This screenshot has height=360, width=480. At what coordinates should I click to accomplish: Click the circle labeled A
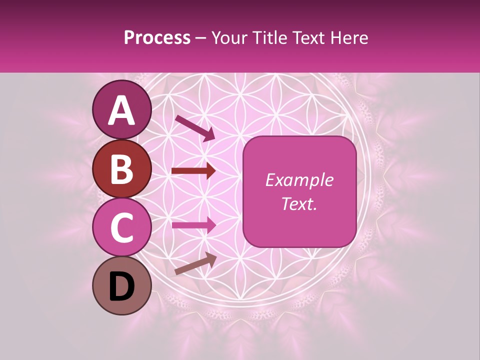coord(122,109)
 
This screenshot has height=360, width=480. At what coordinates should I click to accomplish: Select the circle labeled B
coord(122,169)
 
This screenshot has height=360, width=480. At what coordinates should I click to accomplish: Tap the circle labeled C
coord(122,227)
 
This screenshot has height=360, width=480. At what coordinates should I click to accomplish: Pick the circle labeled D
coord(122,285)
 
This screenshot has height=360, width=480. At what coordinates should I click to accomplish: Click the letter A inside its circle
coord(122,110)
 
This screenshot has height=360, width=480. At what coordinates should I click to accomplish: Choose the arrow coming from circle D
coord(195,263)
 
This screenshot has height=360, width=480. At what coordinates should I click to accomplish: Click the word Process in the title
coord(157,38)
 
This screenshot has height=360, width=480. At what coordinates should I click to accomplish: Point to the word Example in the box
coord(299,180)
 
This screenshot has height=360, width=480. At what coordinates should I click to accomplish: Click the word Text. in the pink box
coord(299,203)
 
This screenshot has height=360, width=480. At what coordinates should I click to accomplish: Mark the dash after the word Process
coord(200,38)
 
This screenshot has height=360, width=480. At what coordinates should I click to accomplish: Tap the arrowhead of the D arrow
coord(211,258)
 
